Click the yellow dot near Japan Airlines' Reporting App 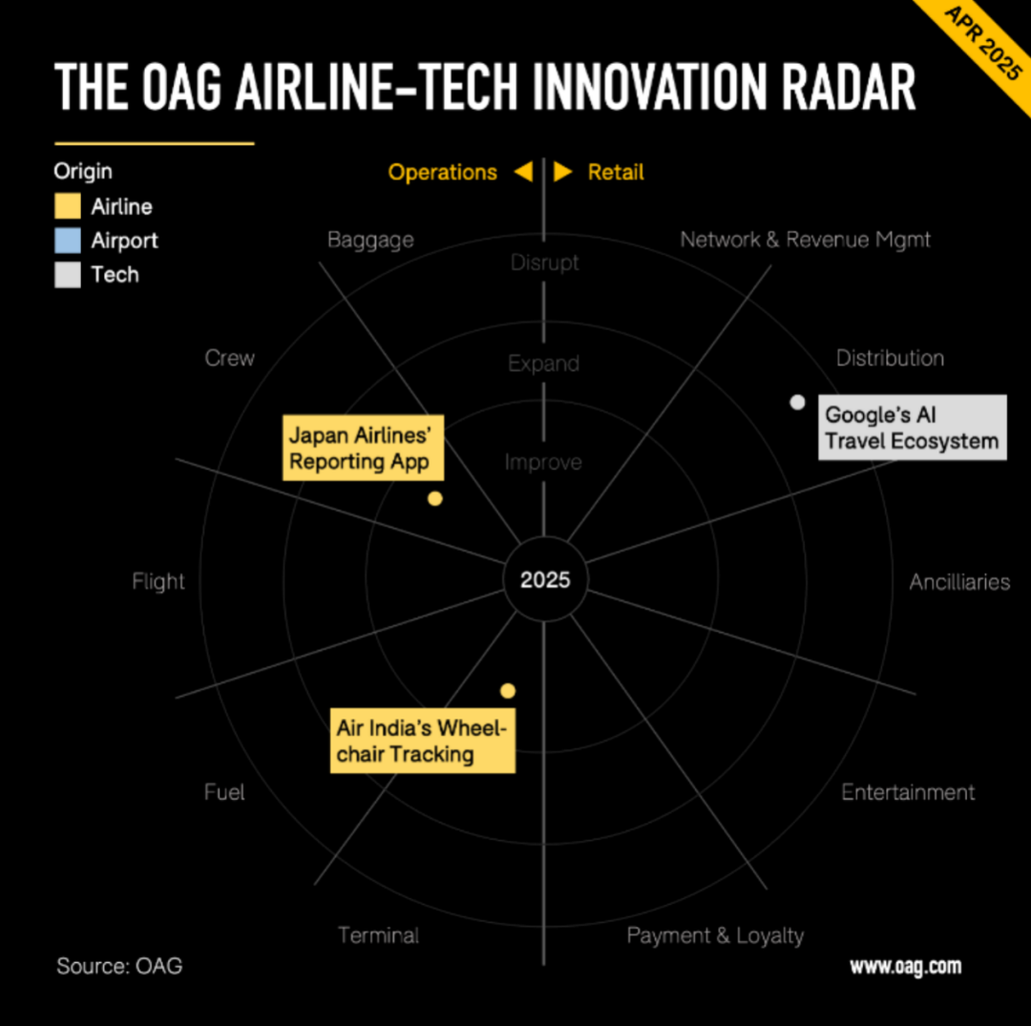point(434,499)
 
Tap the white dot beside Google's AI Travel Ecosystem point(797,402)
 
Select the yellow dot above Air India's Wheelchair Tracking point(508,691)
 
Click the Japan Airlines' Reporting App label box point(363,448)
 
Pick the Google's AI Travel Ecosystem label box point(912,428)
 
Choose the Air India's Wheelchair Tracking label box point(423,740)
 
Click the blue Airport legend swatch point(68,241)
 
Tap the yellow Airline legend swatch point(68,206)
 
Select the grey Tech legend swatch point(68,275)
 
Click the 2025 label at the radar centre point(545,579)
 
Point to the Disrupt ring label point(544,262)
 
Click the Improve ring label point(543,462)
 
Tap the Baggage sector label point(370,241)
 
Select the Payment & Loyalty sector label point(715,936)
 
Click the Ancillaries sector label point(959,581)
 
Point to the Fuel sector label point(224,792)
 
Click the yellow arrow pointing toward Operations point(523,172)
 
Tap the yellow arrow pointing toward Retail point(563,172)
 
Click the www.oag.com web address point(905,967)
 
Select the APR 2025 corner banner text point(983,43)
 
